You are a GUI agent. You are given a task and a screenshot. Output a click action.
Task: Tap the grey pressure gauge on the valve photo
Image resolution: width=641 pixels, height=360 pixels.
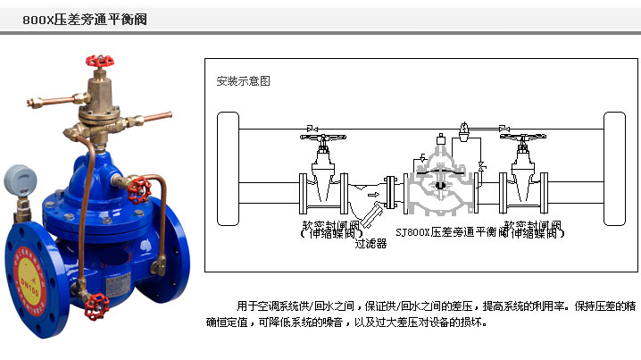[21, 182]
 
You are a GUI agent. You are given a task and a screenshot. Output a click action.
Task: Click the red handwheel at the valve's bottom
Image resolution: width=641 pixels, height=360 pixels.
[92, 312]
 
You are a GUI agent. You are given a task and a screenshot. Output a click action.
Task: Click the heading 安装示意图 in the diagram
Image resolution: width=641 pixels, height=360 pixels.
[243, 81]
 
